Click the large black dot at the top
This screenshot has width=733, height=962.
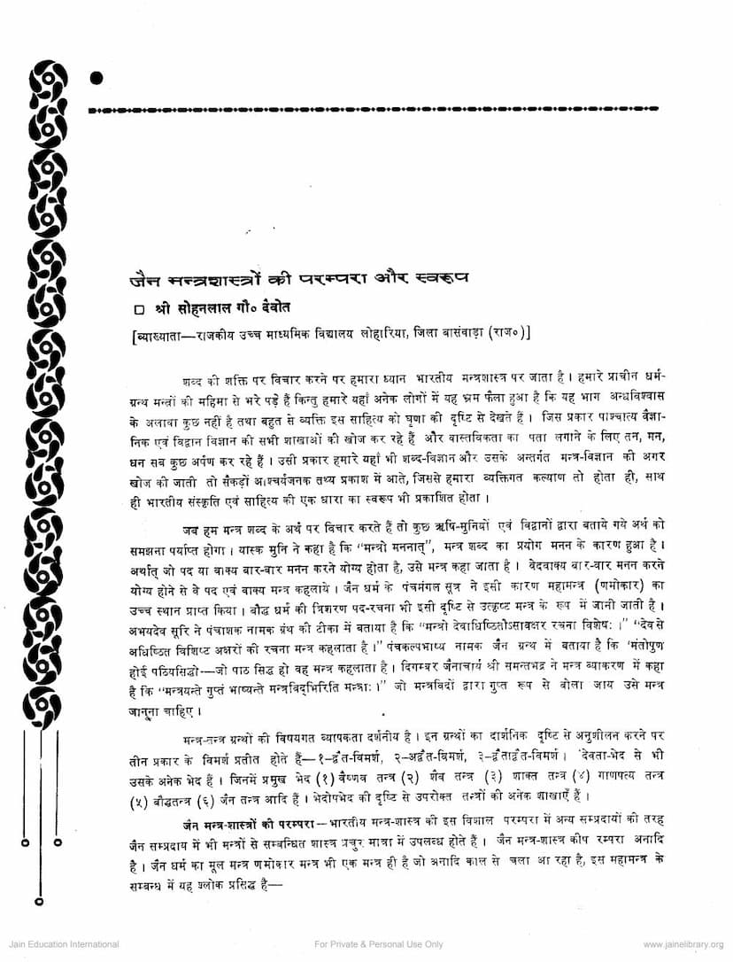coord(96,78)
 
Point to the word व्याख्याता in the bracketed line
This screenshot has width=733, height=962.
coord(158,335)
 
